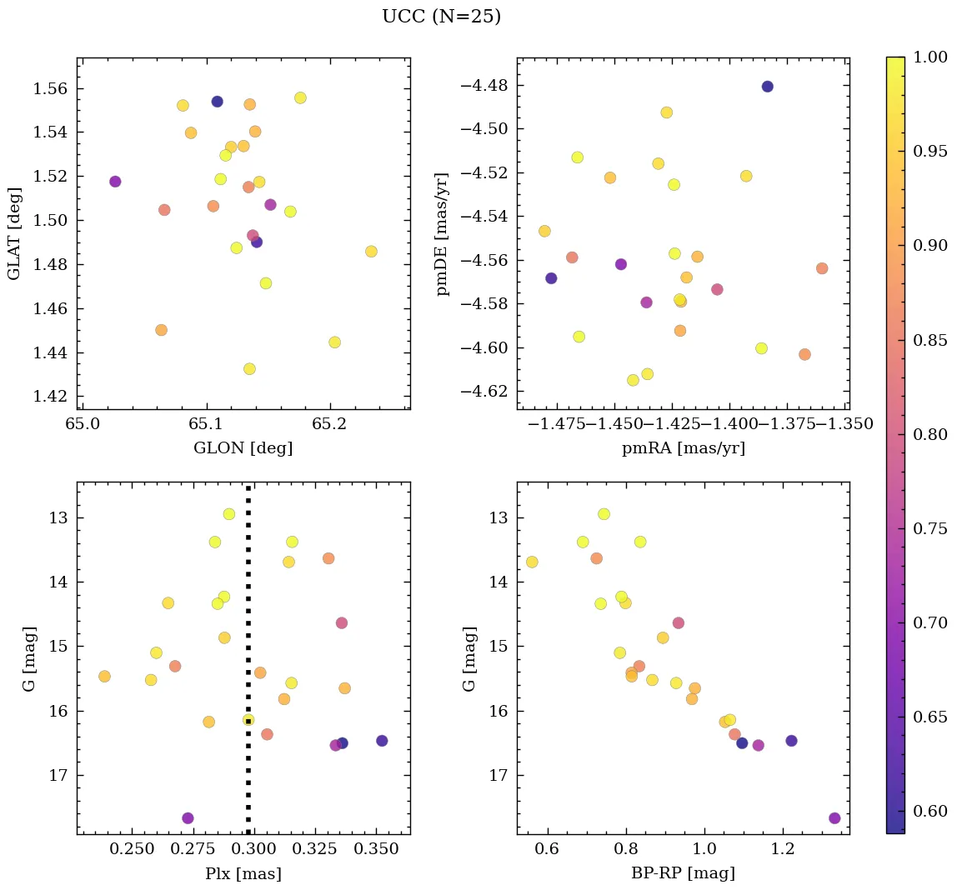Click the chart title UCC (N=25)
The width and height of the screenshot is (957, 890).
point(441,17)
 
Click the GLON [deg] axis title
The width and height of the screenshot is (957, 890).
point(243,448)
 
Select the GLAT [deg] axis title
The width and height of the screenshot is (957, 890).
point(14,233)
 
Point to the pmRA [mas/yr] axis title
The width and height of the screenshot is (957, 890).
point(683,448)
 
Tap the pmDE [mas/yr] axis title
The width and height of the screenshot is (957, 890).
point(443,233)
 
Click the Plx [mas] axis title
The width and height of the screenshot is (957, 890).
point(243,874)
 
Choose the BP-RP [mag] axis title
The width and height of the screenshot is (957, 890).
point(683,874)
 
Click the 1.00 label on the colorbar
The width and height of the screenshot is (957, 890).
point(930,57)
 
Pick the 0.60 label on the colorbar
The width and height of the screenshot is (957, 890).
point(930,812)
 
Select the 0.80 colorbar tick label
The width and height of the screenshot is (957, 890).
point(930,434)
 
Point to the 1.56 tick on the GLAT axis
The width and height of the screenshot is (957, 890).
point(49,88)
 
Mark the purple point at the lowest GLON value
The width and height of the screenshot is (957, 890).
point(115,182)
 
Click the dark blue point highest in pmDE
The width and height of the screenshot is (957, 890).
point(767,87)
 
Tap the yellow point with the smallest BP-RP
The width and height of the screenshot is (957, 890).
point(532,562)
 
